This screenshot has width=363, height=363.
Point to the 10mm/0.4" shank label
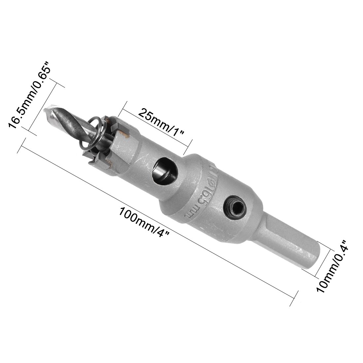tap(332, 266)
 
